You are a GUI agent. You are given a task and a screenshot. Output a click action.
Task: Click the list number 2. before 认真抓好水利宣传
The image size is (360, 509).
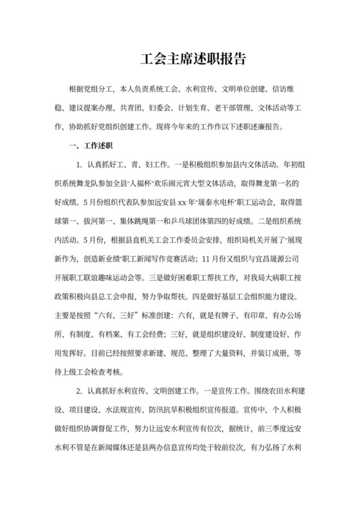coord(79,391)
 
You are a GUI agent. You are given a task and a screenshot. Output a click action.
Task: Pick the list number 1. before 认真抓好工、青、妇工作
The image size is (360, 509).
coord(79,164)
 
